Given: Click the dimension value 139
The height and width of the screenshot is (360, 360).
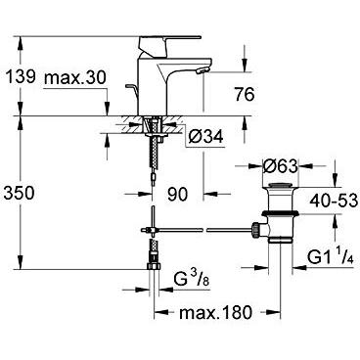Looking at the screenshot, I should click(22, 74).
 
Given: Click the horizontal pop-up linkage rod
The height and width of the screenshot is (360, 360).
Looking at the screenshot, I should click(205, 230).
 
